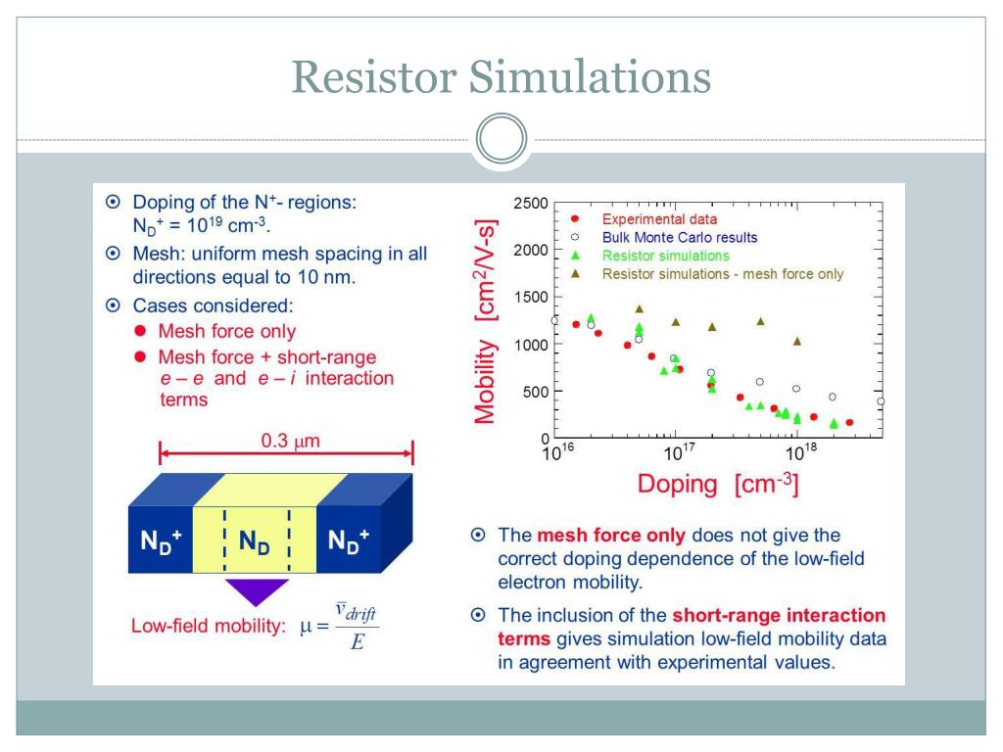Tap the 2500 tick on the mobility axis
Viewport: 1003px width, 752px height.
[x=530, y=204]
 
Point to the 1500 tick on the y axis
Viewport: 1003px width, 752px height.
[x=530, y=298]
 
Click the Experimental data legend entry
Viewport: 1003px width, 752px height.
[x=658, y=219]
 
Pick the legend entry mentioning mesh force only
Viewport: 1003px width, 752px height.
[x=722, y=274]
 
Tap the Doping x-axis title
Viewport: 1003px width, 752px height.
[x=717, y=484]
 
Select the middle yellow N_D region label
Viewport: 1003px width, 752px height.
[x=256, y=540]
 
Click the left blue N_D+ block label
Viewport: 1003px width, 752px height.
[x=158, y=540]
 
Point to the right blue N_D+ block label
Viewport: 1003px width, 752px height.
[x=349, y=540]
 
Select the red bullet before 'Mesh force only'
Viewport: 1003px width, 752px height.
[x=140, y=332]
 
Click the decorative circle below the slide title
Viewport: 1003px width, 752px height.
[x=501, y=143]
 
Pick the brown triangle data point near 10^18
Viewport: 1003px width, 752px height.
[x=797, y=341]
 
